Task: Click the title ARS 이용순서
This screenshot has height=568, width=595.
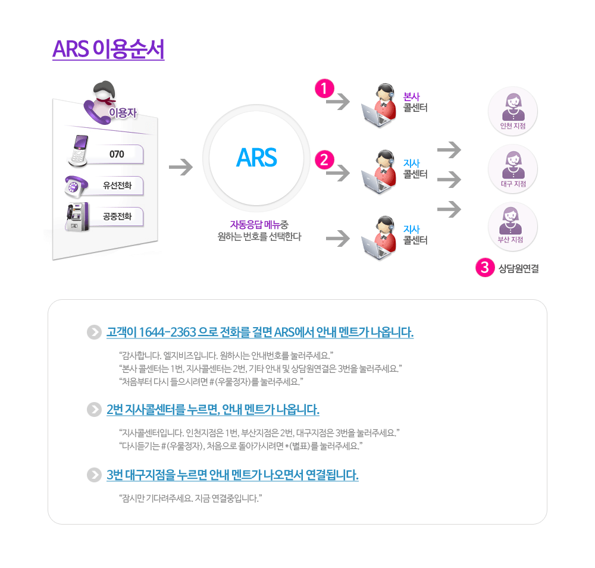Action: pos(108,49)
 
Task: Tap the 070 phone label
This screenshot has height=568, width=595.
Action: pos(117,154)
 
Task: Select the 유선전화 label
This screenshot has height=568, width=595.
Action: pos(117,186)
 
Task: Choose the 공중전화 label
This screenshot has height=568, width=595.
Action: pos(117,216)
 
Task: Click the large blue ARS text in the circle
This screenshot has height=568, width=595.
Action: pos(256,158)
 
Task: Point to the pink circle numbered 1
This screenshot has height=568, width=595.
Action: pos(324,89)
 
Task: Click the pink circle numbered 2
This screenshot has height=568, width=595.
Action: pos(324,159)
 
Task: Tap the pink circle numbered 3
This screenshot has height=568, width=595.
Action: pos(484,268)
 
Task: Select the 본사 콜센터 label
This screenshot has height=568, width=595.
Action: pos(415,102)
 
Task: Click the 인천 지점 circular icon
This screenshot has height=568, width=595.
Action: pos(512,111)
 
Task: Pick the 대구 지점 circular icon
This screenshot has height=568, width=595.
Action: pos(512,169)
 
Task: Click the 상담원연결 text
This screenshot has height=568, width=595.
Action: pos(519,269)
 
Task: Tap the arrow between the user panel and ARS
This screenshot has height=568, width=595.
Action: pos(180,167)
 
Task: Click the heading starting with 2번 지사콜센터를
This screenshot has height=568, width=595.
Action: pos(212,410)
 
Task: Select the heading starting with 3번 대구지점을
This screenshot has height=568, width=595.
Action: pos(232,475)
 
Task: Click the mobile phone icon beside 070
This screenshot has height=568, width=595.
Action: pos(79,150)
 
